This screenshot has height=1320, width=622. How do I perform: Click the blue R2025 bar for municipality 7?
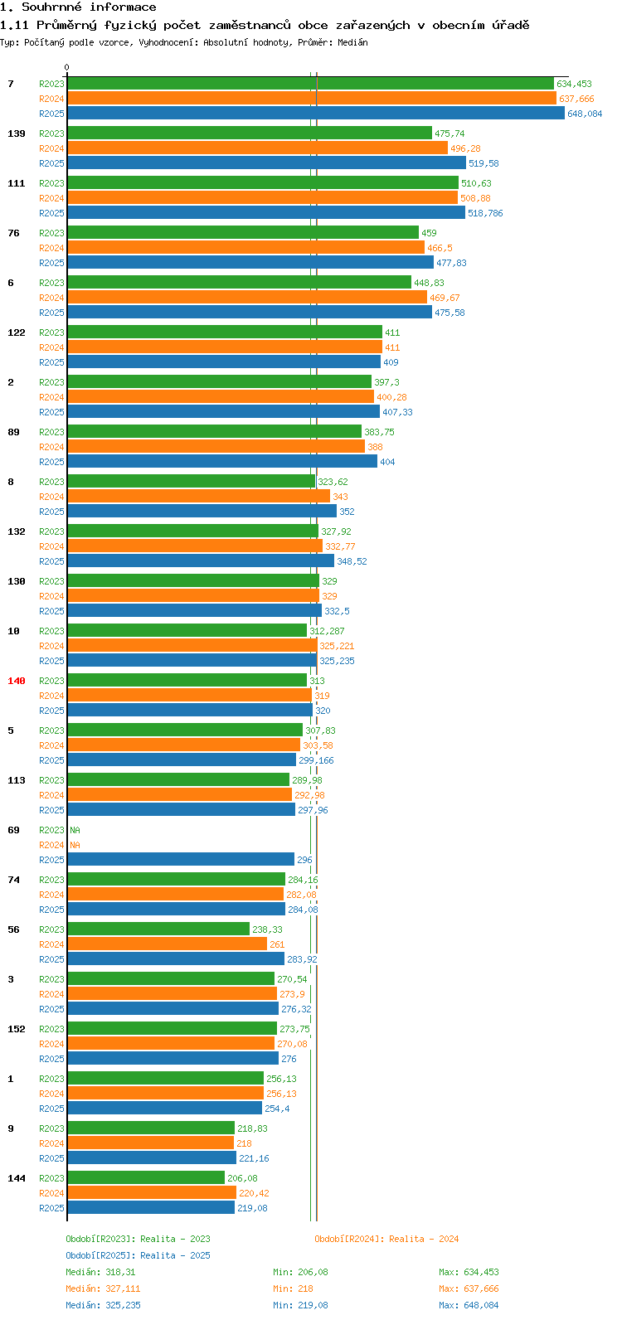click(316, 113)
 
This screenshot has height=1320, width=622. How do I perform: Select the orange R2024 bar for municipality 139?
click(258, 148)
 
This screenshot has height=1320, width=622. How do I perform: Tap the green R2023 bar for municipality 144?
click(146, 1177)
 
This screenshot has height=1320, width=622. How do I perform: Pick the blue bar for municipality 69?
click(181, 859)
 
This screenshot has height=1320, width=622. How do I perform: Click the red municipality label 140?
click(17, 681)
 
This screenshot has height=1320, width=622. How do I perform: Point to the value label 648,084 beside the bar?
click(585, 114)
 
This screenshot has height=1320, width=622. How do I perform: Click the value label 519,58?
click(484, 163)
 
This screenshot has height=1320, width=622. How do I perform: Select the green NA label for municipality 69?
click(75, 830)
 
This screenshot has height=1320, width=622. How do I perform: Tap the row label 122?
click(17, 332)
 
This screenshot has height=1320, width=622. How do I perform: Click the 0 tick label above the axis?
click(66, 67)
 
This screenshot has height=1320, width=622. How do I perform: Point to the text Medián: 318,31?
click(100, 1272)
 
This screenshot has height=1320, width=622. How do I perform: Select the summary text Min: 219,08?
click(300, 1305)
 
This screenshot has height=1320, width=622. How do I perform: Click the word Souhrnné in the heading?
click(52, 7)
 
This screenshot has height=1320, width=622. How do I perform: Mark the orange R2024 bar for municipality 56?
click(168, 944)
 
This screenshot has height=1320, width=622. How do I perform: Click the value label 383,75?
click(379, 432)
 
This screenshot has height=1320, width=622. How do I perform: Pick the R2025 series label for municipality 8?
click(51, 512)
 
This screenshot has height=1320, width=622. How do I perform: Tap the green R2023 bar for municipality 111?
click(263, 182)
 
